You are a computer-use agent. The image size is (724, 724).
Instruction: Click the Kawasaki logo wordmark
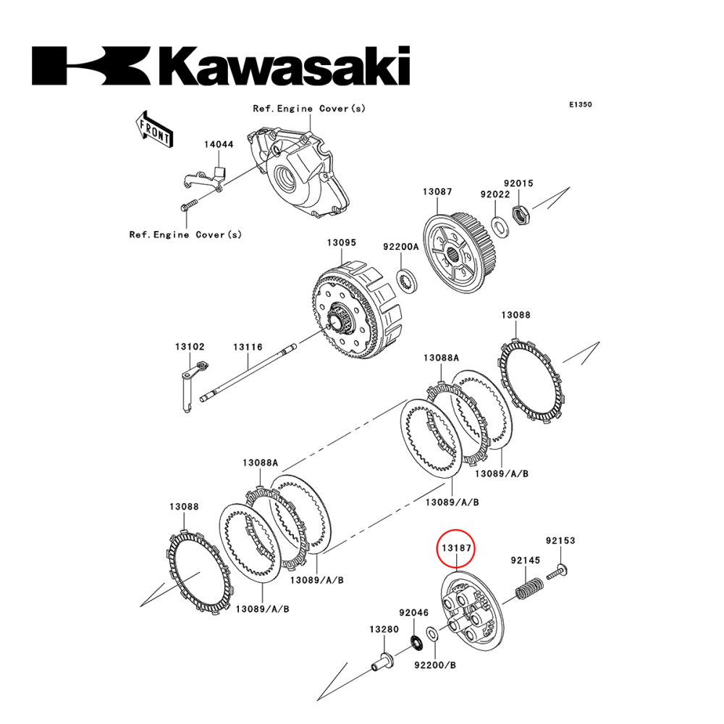221,67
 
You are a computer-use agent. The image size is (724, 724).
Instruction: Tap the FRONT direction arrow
154,130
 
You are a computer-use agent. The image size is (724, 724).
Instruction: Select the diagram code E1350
580,105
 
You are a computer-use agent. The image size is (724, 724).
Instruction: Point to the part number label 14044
218,144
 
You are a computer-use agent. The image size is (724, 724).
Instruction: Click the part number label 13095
340,243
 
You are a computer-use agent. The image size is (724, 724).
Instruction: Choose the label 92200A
401,246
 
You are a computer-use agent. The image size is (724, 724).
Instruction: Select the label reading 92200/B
434,665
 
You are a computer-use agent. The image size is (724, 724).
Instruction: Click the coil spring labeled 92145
530,586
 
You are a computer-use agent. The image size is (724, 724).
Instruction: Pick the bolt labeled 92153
560,572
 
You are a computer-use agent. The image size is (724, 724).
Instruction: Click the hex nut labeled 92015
519,214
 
